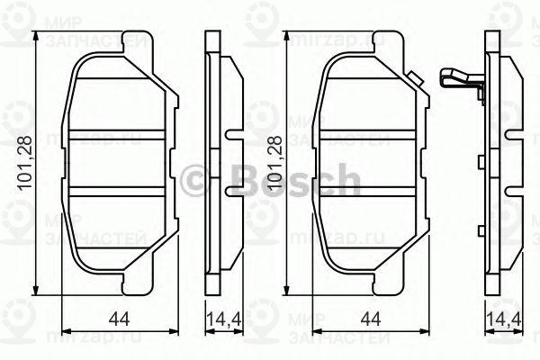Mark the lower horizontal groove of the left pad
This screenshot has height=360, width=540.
pos(115,194)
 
